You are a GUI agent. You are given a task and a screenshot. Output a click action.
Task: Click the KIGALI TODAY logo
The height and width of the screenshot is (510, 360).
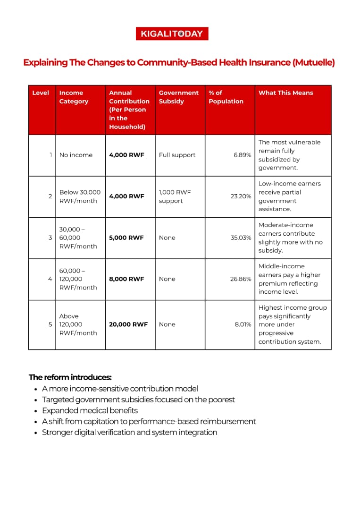click(x=171, y=34)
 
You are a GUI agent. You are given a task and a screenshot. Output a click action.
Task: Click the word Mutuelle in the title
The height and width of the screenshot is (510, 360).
click(x=313, y=62)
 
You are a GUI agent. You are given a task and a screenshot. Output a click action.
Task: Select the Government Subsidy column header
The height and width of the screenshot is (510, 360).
click(x=178, y=97)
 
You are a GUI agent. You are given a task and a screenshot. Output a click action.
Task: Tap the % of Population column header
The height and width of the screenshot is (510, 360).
click(x=226, y=97)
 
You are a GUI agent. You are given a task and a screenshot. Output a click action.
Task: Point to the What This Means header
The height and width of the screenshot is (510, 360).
click(x=285, y=93)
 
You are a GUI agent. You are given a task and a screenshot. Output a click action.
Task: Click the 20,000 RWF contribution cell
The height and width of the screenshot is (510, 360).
click(x=128, y=324)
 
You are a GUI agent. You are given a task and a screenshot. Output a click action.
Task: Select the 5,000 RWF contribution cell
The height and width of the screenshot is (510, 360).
click(x=126, y=238)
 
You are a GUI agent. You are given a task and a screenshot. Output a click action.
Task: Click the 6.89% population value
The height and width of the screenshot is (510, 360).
click(x=243, y=155)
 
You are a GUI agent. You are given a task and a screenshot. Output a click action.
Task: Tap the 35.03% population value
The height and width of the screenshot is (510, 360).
click(x=241, y=238)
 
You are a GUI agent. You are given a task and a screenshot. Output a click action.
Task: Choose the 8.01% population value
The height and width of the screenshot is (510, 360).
click(x=243, y=324)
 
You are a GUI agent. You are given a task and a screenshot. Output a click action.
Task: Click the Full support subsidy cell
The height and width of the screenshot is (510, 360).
click(x=177, y=155)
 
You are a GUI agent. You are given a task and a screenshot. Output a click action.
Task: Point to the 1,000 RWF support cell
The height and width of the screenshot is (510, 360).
click(x=175, y=196)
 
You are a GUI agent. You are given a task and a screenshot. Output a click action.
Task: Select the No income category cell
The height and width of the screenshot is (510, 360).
click(x=76, y=155)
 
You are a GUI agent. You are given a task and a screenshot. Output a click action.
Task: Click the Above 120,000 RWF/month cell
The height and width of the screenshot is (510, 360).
click(x=78, y=324)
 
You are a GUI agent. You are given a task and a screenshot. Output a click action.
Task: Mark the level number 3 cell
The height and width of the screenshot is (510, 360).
click(x=50, y=238)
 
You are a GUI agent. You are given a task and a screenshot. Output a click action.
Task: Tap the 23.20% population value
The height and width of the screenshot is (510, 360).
click(x=241, y=196)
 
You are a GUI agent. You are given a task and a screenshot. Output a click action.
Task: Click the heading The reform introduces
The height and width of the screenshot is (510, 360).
click(x=70, y=377)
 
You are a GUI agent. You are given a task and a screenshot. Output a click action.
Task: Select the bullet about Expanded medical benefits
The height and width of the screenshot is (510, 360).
click(x=90, y=410)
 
